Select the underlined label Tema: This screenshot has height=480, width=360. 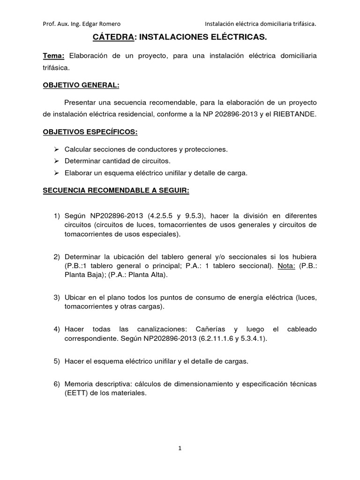point(54,56)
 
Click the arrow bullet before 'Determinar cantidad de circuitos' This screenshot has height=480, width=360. point(56,161)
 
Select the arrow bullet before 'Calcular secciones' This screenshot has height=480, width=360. point(56,150)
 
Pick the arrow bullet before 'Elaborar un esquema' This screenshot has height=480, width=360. point(56,173)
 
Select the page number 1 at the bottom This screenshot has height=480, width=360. point(180,448)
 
